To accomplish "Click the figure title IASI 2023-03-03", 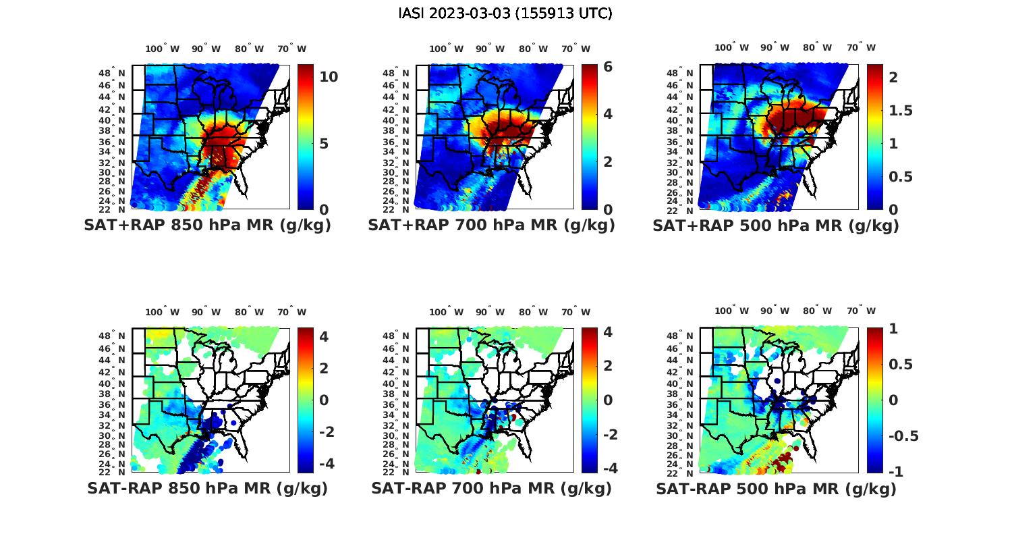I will [x=505, y=14].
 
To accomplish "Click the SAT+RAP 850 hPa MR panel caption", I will [x=207, y=226].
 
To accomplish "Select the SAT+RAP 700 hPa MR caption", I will [x=491, y=226].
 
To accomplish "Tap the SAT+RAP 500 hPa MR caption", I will [x=776, y=226].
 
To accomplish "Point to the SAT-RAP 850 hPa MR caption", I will [x=207, y=488].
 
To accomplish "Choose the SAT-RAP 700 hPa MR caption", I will [x=491, y=488].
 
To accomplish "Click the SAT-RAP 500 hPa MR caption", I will [x=776, y=488].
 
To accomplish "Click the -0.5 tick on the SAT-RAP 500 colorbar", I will [x=903, y=435].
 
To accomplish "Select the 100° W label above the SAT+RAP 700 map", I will [x=446, y=49].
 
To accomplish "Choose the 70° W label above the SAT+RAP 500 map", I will [x=861, y=47].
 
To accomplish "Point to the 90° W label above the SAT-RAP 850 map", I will [x=206, y=312].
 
